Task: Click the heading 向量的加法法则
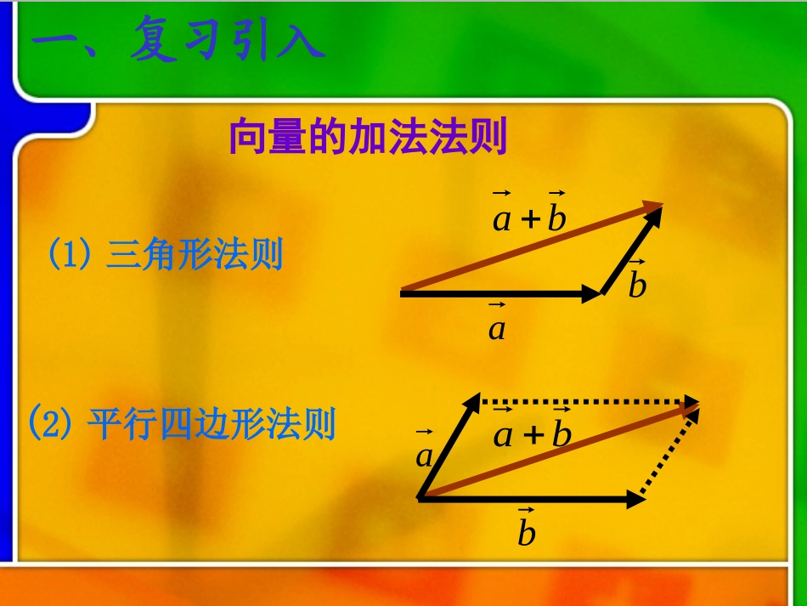368,138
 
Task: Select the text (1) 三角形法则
165,255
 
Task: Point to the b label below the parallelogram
527,530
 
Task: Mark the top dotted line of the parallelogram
586,400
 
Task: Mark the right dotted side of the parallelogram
671,455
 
